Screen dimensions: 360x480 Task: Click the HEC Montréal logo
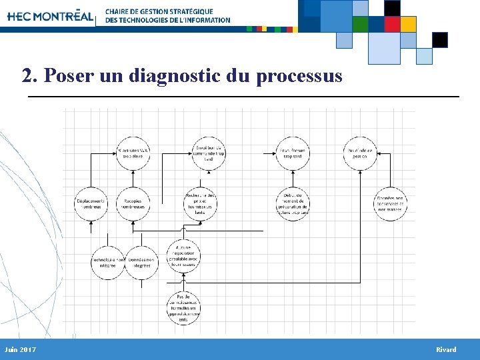pyautogui.click(x=50, y=16)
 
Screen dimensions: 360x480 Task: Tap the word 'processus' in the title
pyautogui.click(x=299, y=76)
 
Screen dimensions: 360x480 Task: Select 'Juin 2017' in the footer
pyautogui.click(x=20, y=350)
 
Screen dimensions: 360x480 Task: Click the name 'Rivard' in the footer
pyautogui.click(x=446, y=350)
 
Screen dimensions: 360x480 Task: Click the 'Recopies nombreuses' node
pyautogui.click(x=133, y=203)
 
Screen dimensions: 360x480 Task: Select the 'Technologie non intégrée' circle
pyautogui.click(x=107, y=262)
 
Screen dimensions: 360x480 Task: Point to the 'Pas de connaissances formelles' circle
pyautogui.click(x=183, y=307)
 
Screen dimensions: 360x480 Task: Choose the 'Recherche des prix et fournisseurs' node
pyautogui.click(x=200, y=203)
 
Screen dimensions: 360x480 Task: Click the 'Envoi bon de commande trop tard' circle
pyautogui.click(x=200, y=153)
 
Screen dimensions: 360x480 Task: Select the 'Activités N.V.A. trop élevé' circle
pyautogui.click(x=133, y=153)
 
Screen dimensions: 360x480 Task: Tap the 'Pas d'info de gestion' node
pyautogui.click(x=360, y=153)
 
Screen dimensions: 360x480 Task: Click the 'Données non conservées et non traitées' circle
pyautogui.click(x=390, y=203)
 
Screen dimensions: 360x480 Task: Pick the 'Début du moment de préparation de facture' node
pyautogui.click(x=292, y=203)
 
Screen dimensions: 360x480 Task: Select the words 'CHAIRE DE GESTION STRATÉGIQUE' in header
pyautogui.click(x=159, y=11)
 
